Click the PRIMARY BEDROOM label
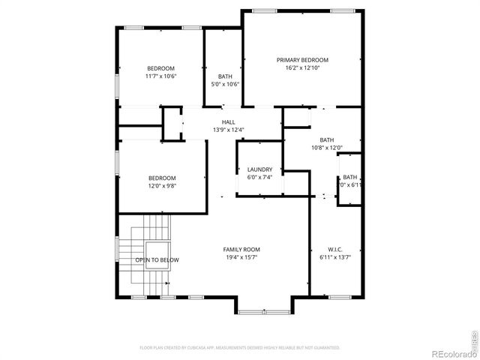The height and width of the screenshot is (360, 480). coord(302,60)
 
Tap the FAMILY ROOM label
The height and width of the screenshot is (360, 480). coord(241,250)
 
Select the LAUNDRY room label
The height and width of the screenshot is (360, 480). coord(259,169)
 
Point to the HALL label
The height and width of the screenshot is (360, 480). coord(228,122)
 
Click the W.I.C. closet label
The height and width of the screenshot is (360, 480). coord(334,250)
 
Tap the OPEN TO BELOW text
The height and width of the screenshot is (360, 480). coord(157,260)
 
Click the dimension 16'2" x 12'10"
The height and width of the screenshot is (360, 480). coord(302,68)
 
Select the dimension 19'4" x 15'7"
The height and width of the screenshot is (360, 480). coord(241,258)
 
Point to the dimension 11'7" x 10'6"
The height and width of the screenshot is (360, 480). coord(160,76)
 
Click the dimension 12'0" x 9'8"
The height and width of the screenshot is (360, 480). coord(162,186)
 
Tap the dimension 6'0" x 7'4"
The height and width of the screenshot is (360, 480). coord(259,178)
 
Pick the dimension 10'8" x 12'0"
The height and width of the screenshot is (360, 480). coord(327,148)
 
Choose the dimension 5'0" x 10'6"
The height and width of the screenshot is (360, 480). coord(225,85)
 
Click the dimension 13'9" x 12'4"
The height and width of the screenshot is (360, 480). coord(228,130)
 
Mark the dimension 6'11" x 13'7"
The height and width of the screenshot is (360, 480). coord(334,258)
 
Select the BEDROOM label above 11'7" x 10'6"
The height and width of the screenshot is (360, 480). coord(160,68)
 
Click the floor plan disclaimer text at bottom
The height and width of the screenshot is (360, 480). coord(240,347)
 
